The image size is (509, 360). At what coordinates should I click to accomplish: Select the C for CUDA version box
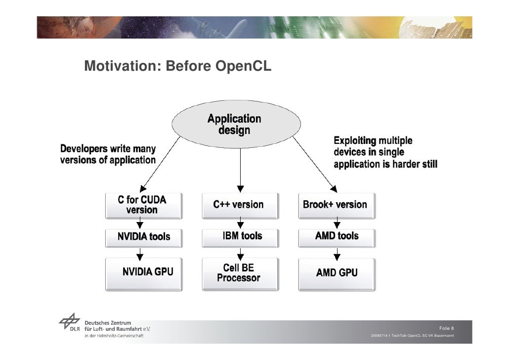point(142,205)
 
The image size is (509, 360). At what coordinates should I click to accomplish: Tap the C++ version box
point(239,205)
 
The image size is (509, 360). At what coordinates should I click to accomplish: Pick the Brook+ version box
point(335,205)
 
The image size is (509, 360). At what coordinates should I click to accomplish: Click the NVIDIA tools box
point(142,237)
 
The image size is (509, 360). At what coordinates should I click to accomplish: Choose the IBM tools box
point(240,236)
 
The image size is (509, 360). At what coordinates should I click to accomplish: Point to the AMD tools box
point(337,236)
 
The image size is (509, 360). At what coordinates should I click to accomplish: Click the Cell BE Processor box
point(239,272)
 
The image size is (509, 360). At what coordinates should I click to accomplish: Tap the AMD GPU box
point(337,272)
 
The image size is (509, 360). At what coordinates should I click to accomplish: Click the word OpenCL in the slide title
point(243,66)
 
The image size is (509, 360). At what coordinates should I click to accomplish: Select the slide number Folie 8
point(447,328)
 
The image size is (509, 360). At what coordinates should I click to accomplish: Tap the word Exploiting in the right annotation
point(355,140)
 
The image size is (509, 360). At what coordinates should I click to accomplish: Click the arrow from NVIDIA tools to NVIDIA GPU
point(140,254)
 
